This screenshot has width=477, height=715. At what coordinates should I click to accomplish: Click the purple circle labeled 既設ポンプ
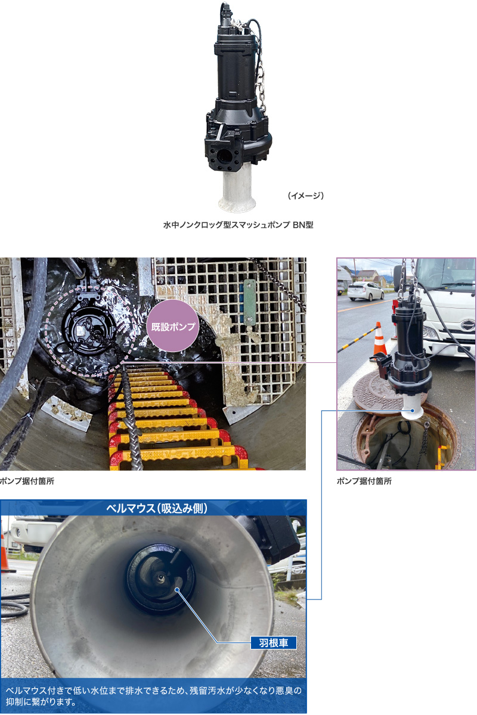tap(173, 326)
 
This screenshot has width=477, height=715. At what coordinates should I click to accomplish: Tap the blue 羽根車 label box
tap(274, 642)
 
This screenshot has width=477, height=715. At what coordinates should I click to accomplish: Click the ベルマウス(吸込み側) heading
tap(157, 508)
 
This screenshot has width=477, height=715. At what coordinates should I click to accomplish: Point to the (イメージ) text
tap(306, 195)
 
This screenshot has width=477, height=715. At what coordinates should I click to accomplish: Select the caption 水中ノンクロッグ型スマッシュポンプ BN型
tap(238, 225)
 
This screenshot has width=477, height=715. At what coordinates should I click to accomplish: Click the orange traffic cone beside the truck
tap(380, 342)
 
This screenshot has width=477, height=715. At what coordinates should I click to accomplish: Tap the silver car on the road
tap(366, 291)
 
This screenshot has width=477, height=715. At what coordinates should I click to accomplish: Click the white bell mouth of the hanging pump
tap(412, 408)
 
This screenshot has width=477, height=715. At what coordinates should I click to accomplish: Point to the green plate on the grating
tap(249, 302)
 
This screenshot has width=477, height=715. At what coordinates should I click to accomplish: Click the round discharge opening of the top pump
tap(224, 156)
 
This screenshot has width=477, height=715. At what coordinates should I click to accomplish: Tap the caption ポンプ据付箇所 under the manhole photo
tap(364, 481)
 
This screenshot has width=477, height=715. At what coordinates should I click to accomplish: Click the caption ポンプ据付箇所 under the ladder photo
tap(27, 481)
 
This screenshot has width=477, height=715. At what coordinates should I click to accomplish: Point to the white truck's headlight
tap(429, 332)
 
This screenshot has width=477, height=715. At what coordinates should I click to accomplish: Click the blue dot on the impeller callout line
tap(176, 589)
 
